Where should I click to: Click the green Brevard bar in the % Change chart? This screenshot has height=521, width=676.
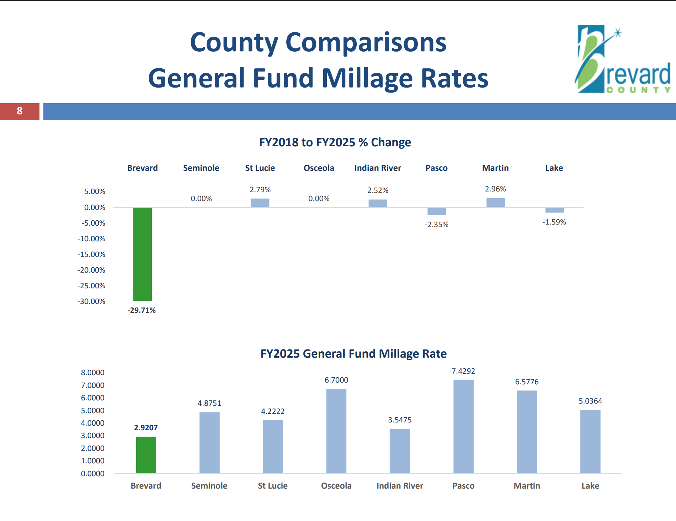[x=143, y=254]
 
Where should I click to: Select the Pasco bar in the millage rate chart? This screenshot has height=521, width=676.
[x=463, y=426]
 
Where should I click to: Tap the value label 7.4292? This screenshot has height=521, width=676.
[x=463, y=371]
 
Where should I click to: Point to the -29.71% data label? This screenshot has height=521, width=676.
[x=142, y=310]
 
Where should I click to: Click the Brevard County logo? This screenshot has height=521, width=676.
[x=623, y=59]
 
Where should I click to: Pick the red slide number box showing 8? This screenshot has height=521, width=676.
[x=20, y=111]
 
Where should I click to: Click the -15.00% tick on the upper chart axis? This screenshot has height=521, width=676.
[x=91, y=254]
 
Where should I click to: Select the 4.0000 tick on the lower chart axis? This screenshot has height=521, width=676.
[x=92, y=423]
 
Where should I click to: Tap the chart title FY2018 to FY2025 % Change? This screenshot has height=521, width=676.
[x=335, y=142]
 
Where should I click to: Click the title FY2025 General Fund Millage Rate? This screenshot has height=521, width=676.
[x=353, y=354]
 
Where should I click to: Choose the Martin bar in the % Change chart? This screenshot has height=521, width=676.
[x=496, y=202]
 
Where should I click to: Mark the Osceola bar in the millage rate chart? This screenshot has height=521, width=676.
[x=336, y=431]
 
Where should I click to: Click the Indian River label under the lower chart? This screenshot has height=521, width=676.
[x=400, y=486]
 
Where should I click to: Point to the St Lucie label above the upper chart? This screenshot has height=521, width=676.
[x=260, y=168]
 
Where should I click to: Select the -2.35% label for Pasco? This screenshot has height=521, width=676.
[x=437, y=225]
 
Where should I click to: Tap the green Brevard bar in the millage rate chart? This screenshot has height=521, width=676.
[x=146, y=455]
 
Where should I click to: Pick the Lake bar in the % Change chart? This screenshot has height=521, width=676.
[x=555, y=210]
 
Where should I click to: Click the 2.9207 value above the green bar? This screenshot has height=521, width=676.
[x=146, y=428]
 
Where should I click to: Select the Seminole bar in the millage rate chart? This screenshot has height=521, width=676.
[x=209, y=443]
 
